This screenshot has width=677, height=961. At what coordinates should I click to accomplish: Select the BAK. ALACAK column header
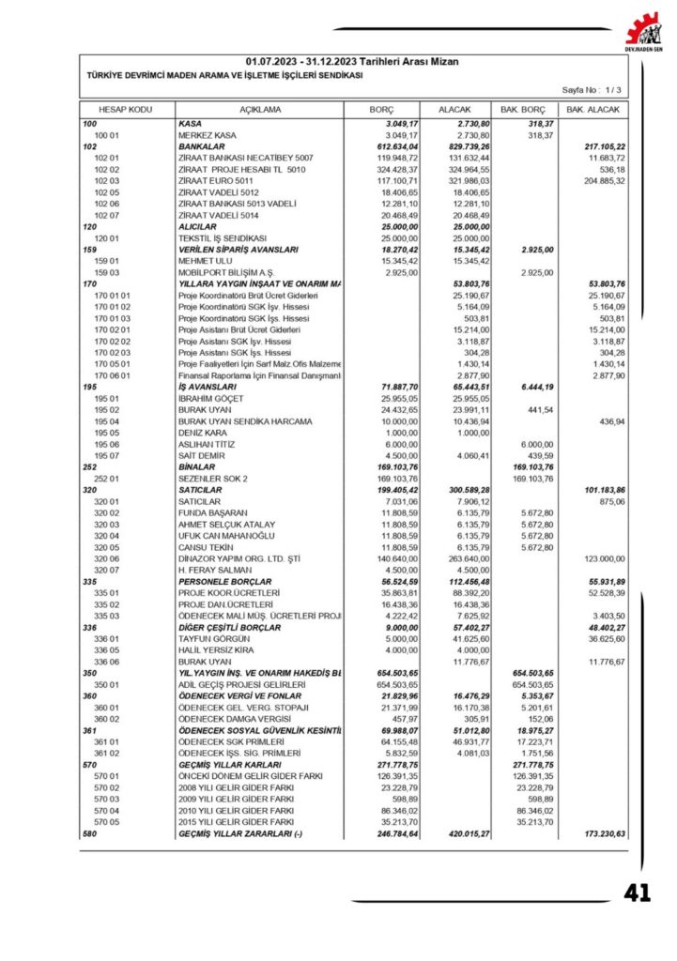pyautogui.click(x=592, y=110)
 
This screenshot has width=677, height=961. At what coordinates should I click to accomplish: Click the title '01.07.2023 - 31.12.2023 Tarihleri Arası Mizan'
pyautogui.click(x=353, y=61)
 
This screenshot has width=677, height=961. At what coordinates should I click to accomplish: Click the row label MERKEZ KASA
pyautogui.click(x=208, y=135)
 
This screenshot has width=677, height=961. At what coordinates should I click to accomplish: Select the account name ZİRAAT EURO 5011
pyautogui.click(x=219, y=180)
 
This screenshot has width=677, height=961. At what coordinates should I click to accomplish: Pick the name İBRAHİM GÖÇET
pyautogui.click(x=210, y=399)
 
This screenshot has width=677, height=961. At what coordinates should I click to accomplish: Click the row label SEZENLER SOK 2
pyautogui.click(x=214, y=478)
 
